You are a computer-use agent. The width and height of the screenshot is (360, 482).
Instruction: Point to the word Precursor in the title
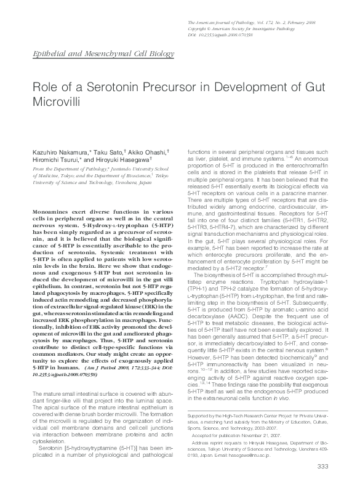pyautogui.click(x=167, y=87)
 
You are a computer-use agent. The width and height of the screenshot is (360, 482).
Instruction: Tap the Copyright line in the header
pyautogui.click(x=241, y=28)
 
